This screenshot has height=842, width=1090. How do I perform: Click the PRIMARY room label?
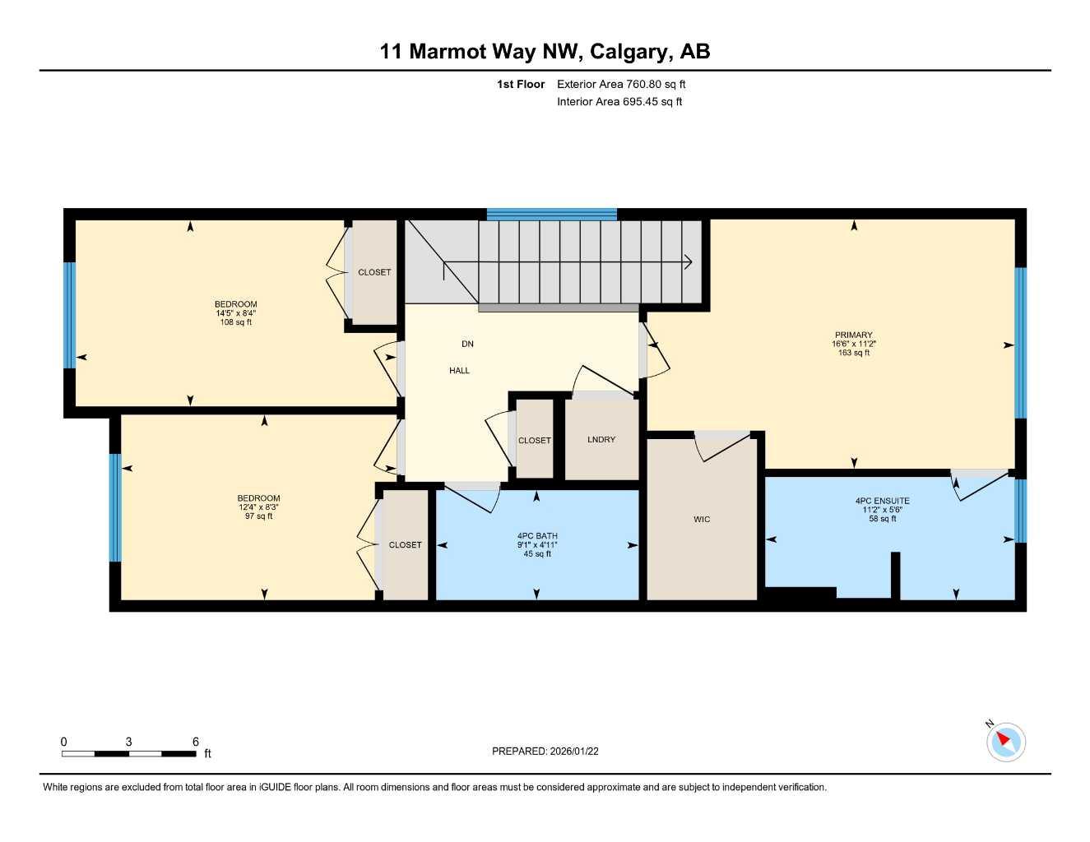(x=853, y=335)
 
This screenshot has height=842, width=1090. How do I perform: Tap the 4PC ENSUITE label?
(x=882, y=501)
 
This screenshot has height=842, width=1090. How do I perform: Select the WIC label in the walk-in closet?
(x=702, y=519)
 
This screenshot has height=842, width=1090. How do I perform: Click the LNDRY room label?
(x=601, y=440)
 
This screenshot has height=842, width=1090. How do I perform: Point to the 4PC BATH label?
(x=537, y=536)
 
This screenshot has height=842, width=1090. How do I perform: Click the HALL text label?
(x=459, y=371)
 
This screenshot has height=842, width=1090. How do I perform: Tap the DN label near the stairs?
(x=467, y=344)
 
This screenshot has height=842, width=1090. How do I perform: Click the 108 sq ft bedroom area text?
(x=236, y=322)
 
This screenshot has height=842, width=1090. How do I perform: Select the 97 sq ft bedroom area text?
(x=258, y=516)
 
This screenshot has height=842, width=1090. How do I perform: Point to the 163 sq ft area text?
(x=853, y=353)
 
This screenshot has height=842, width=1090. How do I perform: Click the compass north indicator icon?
(x=1005, y=742)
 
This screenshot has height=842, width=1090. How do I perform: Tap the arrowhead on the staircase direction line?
(x=688, y=262)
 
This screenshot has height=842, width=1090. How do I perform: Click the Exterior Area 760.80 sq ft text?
(x=621, y=84)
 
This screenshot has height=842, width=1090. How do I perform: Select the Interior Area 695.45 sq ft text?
(x=619, y=102)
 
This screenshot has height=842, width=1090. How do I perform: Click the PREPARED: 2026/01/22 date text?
(x=545, y=751)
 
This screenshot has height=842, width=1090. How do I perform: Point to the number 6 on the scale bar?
(x=196, y=742)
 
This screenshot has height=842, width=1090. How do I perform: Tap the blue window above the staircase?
(x=551, y=215)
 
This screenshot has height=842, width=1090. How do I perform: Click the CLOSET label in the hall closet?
(x=534, y=441)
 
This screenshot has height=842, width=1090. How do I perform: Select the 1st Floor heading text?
(x=521, y=84)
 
